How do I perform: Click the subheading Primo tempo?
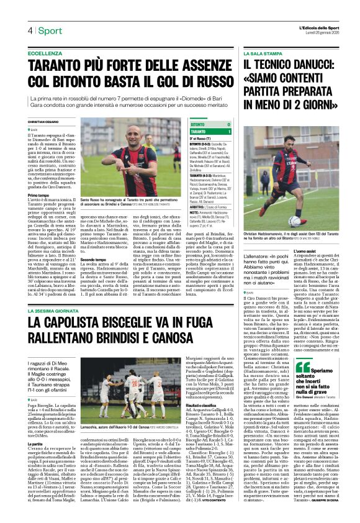39,196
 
